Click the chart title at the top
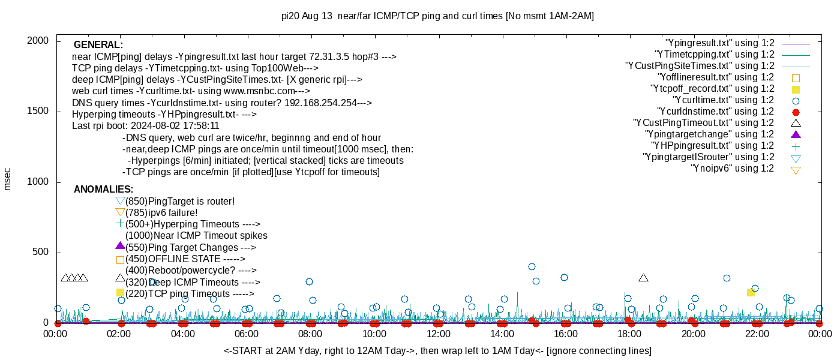point(437,16)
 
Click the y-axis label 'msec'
point(7,179)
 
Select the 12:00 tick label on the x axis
point(438,334)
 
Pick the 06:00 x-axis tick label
point(247,334)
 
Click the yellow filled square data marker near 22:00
point(751,292)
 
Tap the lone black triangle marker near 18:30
point(644,278)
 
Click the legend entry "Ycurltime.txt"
point(723,100)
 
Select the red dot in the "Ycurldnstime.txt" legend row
point(796,112)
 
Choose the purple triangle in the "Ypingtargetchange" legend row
point(796,134)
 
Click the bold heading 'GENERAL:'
point(98,45)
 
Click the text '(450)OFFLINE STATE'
point(174,259)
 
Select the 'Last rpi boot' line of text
point(146,126)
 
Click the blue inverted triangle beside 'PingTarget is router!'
point(120,201)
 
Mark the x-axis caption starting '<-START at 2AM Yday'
point(437,350)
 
